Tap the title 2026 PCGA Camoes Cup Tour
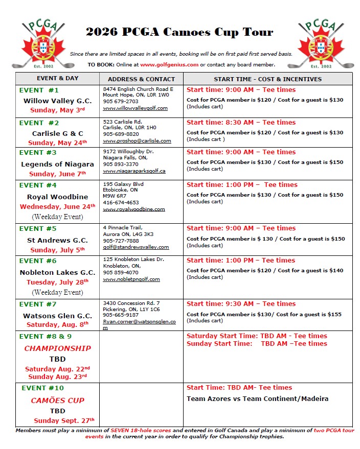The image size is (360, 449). pos(179,32)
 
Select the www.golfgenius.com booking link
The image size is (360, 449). pos(169,64)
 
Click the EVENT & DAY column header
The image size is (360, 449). pos(58,79)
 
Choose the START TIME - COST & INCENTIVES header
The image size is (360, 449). pos(267,79)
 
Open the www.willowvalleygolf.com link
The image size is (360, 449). pos(135,108)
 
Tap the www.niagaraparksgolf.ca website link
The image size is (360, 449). pos(134,171)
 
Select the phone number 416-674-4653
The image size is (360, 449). pos(121,203)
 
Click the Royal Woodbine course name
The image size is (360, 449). pos(57,197)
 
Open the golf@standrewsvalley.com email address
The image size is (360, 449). pos(136,247)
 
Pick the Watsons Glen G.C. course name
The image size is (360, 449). pos(57,316)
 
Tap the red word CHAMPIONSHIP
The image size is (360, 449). pos(57,348)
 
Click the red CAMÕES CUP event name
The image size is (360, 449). pos(57,400)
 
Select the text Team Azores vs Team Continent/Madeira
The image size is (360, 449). pos(257,399)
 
